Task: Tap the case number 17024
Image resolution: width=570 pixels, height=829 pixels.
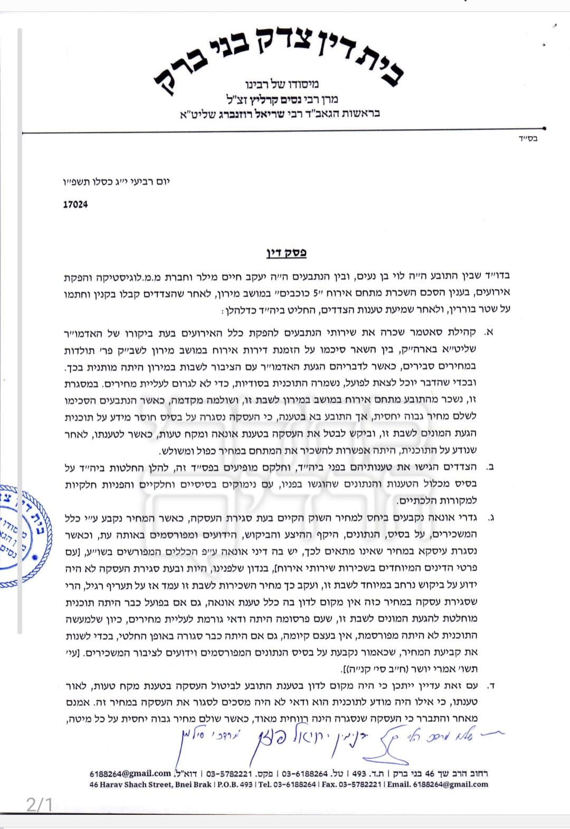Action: pos(75,204)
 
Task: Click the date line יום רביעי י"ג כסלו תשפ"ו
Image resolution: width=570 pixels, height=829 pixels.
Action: pos(116,182)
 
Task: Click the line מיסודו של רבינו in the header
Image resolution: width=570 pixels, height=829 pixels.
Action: pos(282,83)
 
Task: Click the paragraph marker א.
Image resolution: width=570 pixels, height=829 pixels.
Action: pos(488,332)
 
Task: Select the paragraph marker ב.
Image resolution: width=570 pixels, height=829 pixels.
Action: pos(489,466)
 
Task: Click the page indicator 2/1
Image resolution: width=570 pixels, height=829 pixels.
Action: pos(40,805)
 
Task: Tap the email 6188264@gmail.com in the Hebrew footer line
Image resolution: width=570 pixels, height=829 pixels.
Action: pos(130,774)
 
